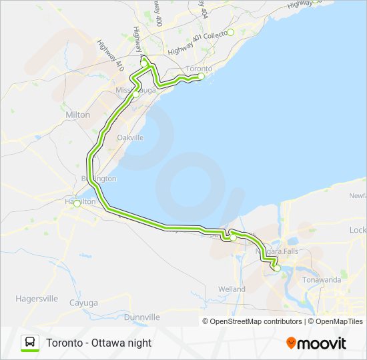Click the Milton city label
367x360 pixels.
(x=77, y=115)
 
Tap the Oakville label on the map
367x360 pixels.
(x=130, y=137)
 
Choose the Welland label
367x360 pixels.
(x=232, y=289)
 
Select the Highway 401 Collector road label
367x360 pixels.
(x=197, y=44)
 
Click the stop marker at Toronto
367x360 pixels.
(x=201, y=76)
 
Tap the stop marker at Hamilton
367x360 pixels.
(x=77, y=204)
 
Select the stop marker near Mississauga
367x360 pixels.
(x=135, y=95)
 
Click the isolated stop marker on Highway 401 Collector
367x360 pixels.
(x=230, y=32)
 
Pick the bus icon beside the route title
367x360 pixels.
(x=29, y=343)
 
